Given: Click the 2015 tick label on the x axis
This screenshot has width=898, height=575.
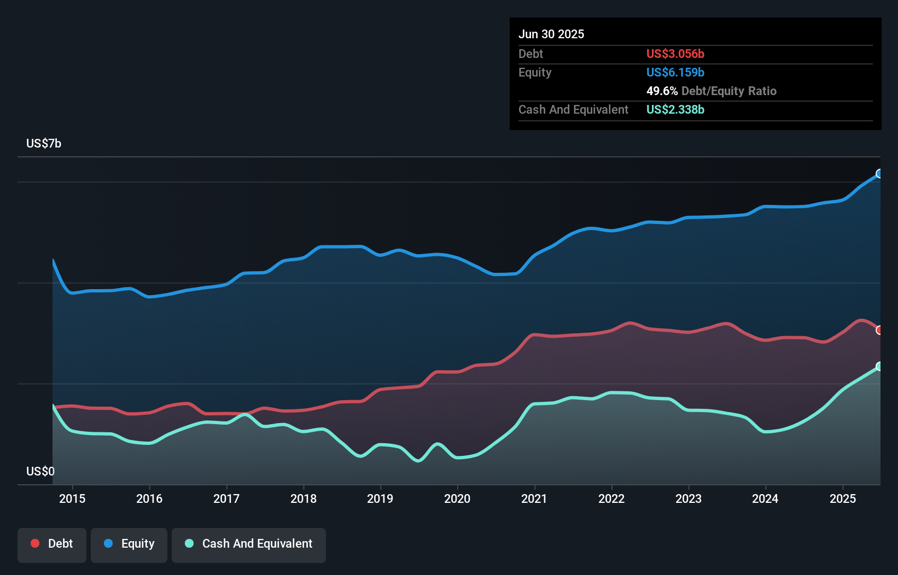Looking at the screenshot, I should point(72,498).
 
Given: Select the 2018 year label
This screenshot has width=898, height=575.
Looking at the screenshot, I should point(304,498).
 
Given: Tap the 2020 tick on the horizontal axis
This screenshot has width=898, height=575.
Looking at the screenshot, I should point(457,498).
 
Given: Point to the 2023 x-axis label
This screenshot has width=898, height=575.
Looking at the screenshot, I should point(689,498).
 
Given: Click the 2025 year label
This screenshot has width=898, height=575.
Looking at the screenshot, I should point(843,498).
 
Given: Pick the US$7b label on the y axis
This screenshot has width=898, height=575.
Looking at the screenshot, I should point(44,144).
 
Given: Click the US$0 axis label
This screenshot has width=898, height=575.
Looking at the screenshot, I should point(40,471).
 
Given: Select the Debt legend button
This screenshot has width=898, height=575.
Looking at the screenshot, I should point(52,544).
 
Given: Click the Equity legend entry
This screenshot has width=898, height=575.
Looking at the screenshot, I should point(129,544).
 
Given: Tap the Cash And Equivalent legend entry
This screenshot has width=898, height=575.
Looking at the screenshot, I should point(249,544).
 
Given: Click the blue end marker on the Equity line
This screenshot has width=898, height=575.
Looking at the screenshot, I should point(879,174).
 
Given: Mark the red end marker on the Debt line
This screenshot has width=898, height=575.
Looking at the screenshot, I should point(879,330).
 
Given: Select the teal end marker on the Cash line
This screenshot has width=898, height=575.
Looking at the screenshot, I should point(879,366).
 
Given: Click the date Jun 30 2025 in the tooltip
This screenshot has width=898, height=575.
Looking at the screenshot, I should point(551,34).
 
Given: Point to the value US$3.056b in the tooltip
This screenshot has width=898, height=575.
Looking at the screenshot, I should point(675,54).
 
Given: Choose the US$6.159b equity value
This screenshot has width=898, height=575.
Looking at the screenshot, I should point(675,72).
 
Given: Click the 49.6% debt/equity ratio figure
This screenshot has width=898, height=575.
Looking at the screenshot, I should point(662,91).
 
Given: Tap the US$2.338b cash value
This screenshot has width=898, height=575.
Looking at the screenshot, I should point(675,109).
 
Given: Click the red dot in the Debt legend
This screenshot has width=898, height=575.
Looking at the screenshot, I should point(35,543).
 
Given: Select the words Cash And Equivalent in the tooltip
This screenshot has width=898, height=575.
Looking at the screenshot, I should point(573,109).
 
